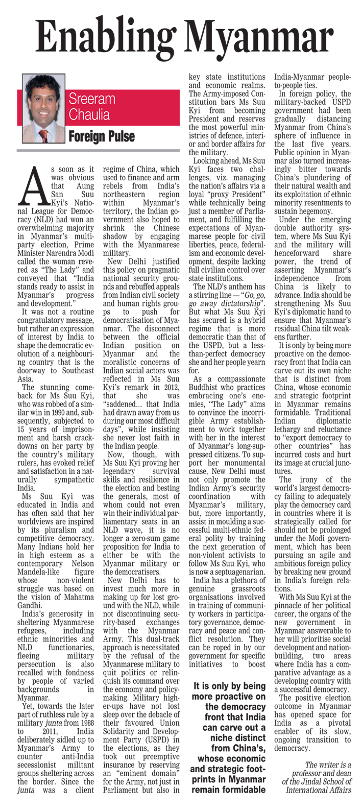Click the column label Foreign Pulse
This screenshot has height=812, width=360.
tap(102, 136)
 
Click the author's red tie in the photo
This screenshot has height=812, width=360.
tap(43, 134)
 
